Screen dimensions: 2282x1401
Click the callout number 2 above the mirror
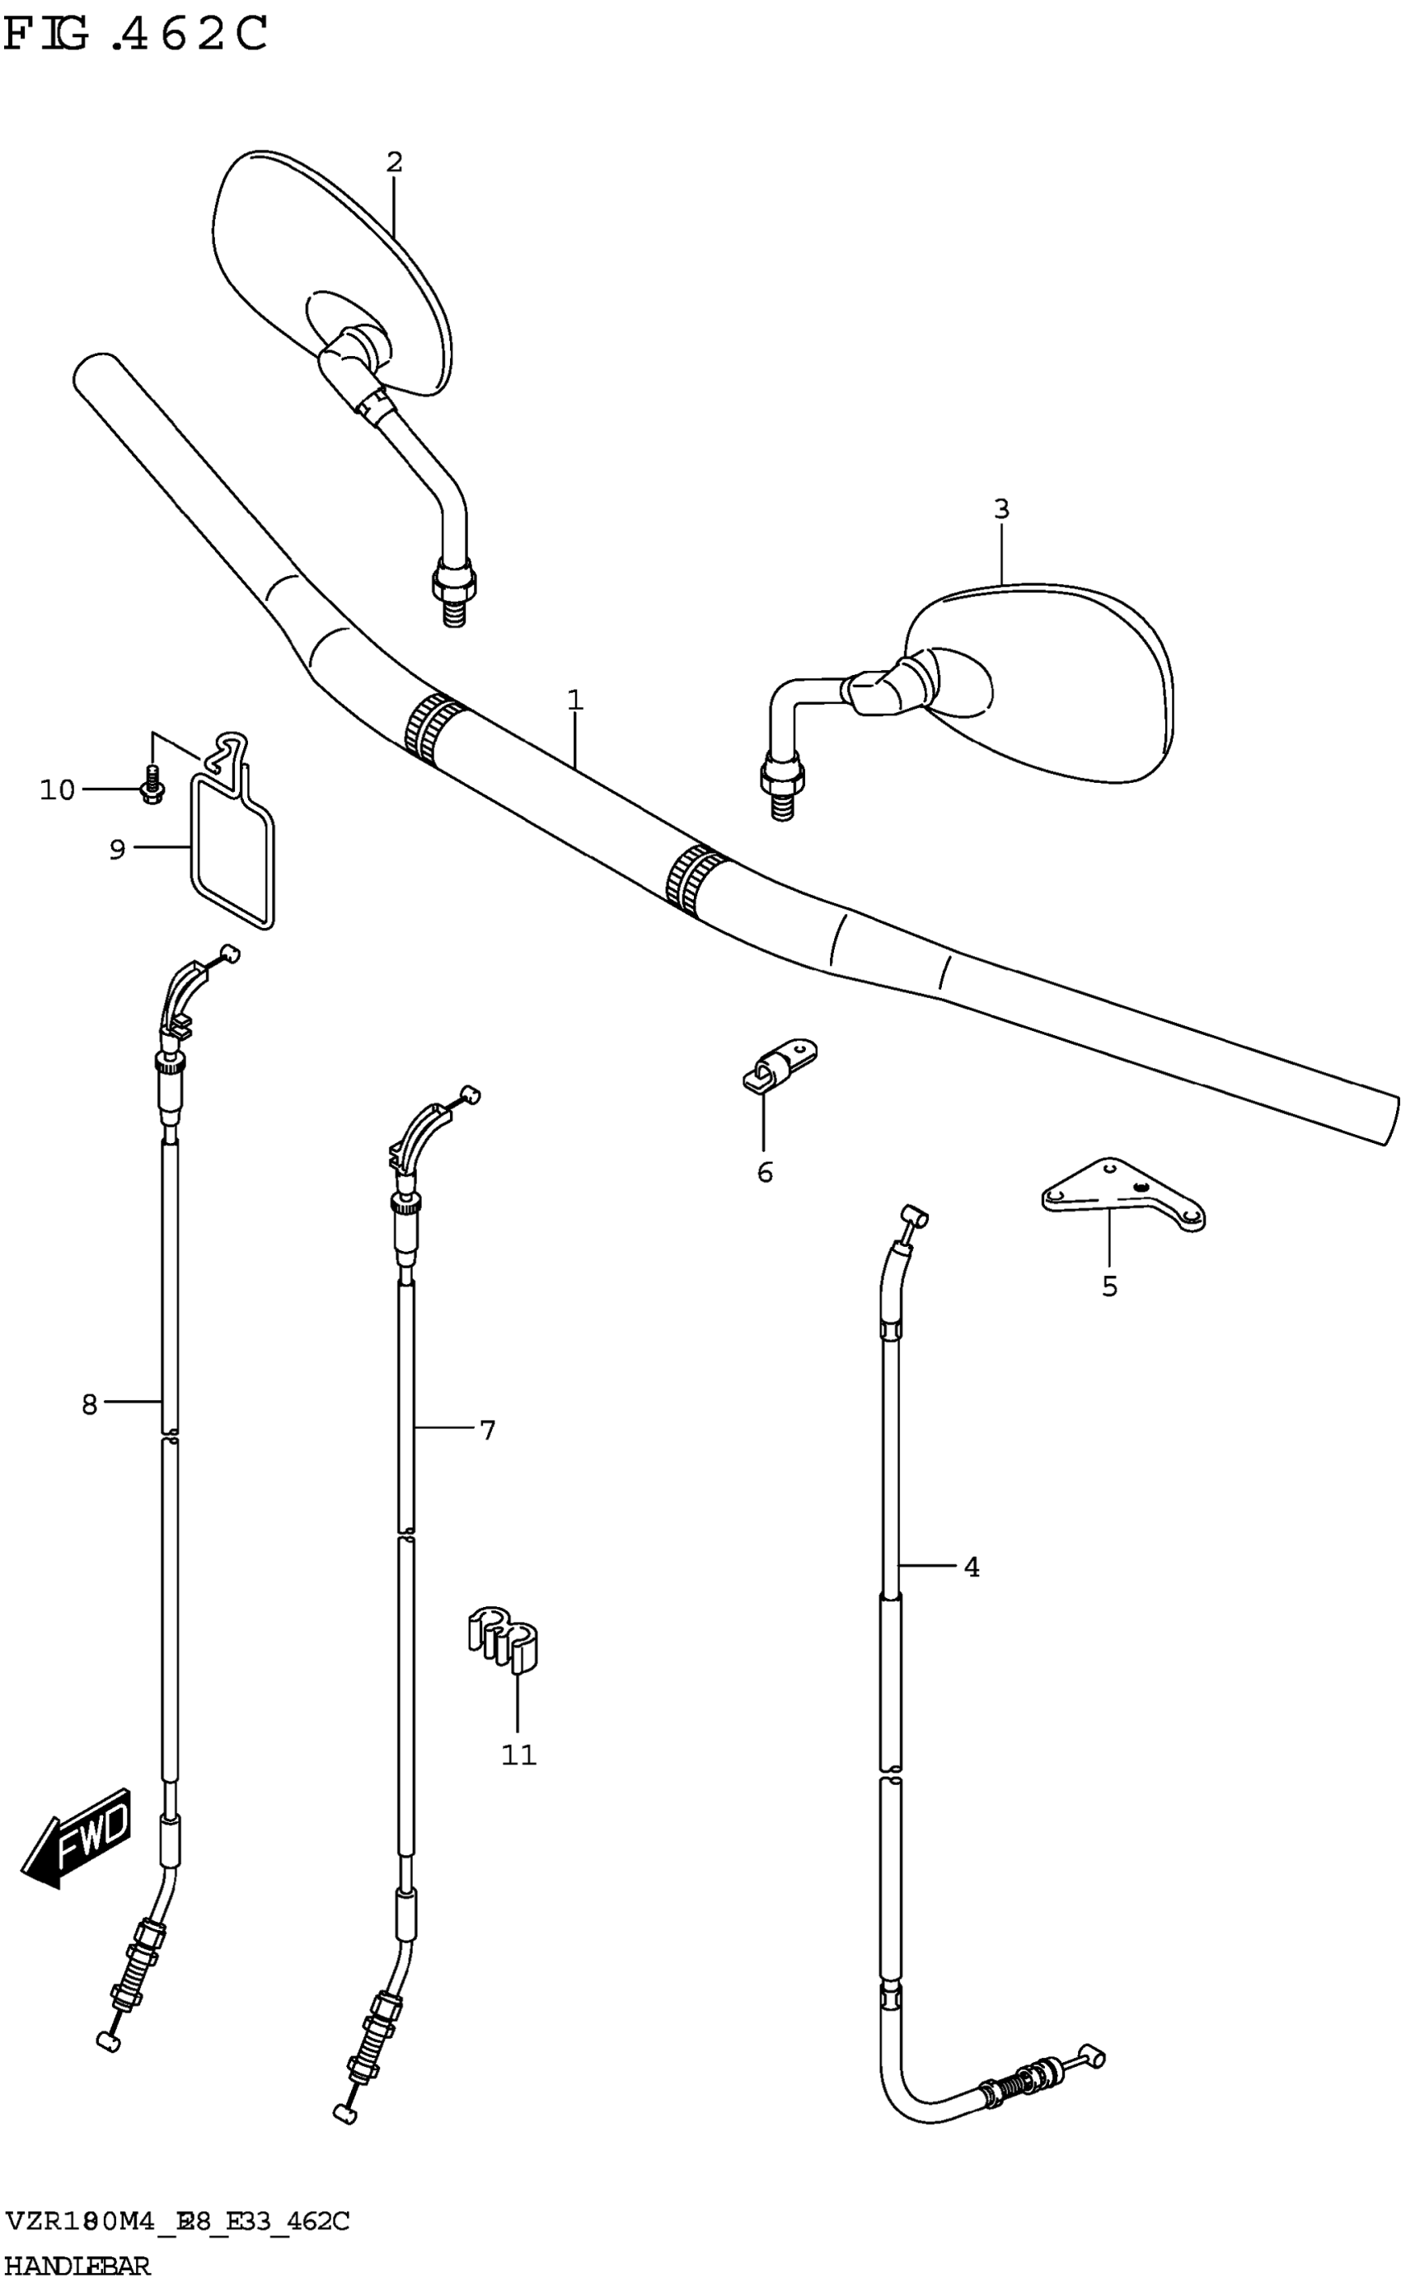coord(394,162)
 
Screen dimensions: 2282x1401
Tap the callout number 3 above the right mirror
coord(1000,508)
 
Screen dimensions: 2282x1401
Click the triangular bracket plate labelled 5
coord(1124,1194)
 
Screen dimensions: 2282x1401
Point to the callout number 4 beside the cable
coord(971,1566)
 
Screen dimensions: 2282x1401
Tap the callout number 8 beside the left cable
coord(89,1404)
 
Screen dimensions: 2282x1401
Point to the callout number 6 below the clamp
coord(765,1172)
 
